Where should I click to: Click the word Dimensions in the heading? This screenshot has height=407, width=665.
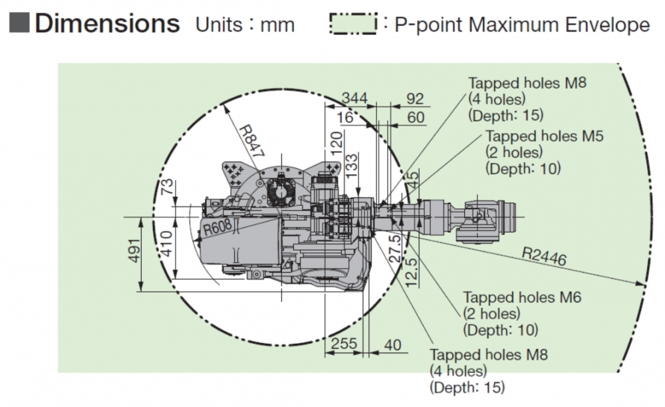pyautogui.click(x=107, y=24)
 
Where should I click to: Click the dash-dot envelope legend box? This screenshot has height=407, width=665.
pyautogui.click(x=352, y=25)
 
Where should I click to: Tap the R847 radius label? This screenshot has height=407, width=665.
pyautogui.click(x=247, y=140)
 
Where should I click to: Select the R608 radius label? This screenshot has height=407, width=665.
pyautogui.click(x=217, y=228)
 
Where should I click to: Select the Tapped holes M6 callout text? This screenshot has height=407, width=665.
pyautogui.click(x=522, y=297)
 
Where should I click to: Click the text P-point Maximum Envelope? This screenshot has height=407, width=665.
pyautogui.click(x=522, y=25)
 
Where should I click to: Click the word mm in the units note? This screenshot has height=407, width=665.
pyautogui.click(x=277, y=25)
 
